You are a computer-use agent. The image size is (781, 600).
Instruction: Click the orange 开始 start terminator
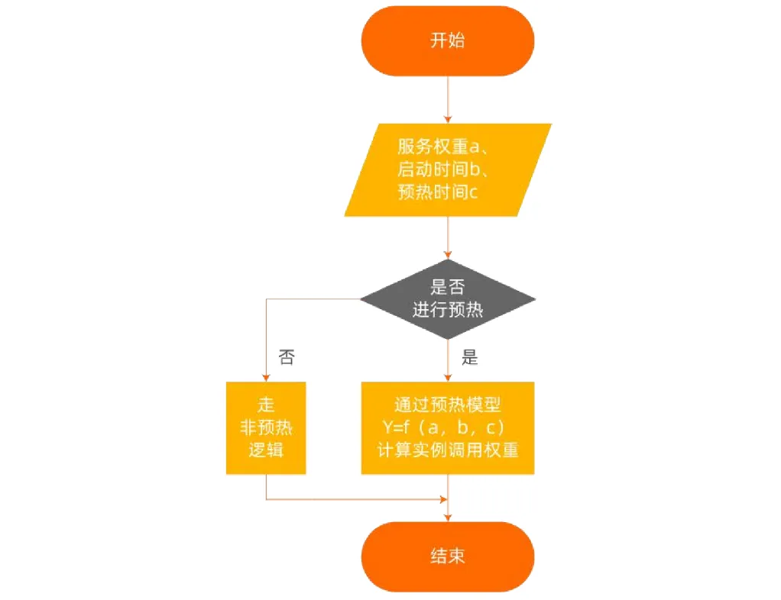(447, 40)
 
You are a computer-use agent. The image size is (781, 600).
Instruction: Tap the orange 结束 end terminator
(447, 556)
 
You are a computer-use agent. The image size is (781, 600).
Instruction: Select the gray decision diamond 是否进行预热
(447, 299)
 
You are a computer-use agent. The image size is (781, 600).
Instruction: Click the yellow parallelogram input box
(447, 169)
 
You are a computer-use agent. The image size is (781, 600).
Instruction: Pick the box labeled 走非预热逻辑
(266, 427)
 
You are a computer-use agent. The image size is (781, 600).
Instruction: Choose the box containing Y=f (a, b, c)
(447, 427)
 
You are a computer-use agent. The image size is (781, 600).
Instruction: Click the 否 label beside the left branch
(287, 356)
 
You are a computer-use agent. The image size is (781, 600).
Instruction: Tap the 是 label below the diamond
(469, 356)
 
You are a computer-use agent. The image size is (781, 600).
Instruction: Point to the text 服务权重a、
(442, 147)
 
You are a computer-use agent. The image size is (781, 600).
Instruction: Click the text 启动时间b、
(442, 169)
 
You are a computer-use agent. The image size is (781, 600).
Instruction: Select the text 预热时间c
(438, 192)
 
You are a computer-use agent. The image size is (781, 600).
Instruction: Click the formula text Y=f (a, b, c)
(444, 427)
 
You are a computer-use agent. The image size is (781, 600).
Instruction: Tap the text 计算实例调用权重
(447, 450)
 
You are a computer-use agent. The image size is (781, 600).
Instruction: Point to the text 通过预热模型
(447, 405)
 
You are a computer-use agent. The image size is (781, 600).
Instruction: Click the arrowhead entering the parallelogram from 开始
(447, 119)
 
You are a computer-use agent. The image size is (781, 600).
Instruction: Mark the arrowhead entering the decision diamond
(447, 255)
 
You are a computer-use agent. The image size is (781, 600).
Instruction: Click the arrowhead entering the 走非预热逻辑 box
(266, 378)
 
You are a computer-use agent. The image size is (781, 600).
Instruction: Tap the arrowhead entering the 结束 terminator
(447, 518)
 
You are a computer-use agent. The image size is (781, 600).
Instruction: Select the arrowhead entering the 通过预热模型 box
(447, 378)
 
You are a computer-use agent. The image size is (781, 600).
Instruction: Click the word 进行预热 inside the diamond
(447, 310)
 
